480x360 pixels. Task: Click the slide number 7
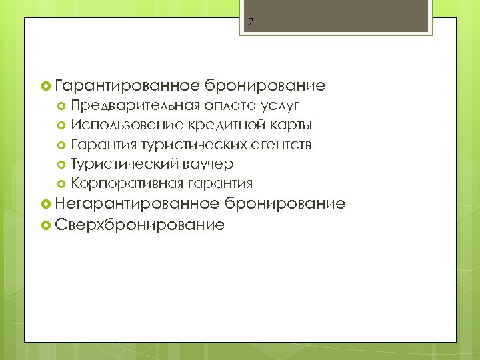(x=251, y=21)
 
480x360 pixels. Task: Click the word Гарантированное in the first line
(x=128, y=85)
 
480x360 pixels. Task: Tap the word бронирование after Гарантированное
(x=265, y=85)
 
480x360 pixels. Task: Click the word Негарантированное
(x=138, y=203)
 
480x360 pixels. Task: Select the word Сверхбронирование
(x=140, y=225)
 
